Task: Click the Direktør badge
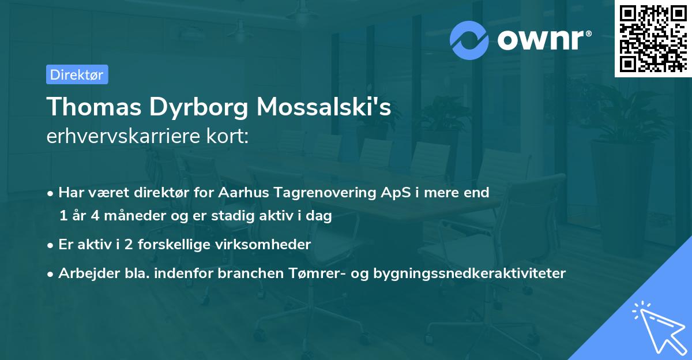click(77, 74)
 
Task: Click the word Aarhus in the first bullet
click(238, 193)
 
